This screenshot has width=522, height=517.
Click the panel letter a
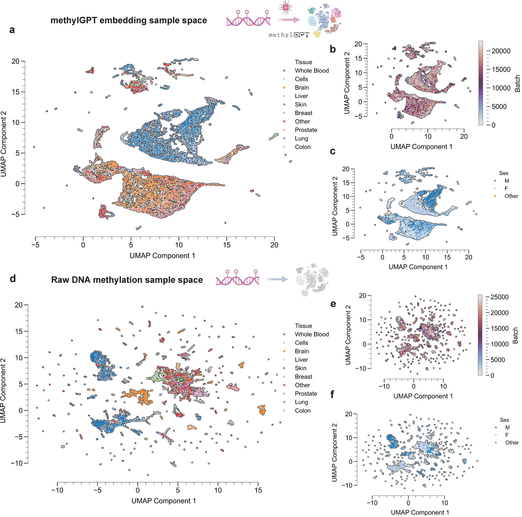pos(12,30)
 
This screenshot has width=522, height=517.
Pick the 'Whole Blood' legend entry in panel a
pos(312,71)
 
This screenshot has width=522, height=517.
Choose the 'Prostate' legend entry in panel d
pos(306,394)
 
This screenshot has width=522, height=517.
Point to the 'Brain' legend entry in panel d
pos(302,351)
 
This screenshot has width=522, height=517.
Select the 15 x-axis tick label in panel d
pos(258,490)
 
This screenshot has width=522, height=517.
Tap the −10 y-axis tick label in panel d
pos(17,463)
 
